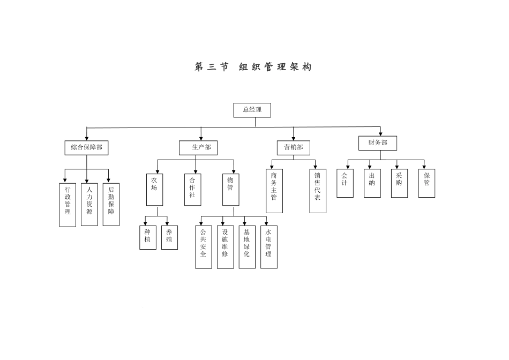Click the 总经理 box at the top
click(x=252, y=110)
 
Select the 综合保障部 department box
click(x=86, y=147)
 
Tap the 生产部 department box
click(x=198, y=147)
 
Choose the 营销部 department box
click(x=293, y=147)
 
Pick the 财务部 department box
click(x=377, y=143)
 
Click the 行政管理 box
click(x=68, y=205)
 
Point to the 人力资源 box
click(x=89, y=205)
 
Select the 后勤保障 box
click(x=111, y=205)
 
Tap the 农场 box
click(x=154, y=189)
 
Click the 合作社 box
click(x=193, y=189)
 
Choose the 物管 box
click(x=230, y=189)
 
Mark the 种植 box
click(x=147, y=237)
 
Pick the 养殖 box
click(x=169, y=237)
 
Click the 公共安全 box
click(x=203, y=247)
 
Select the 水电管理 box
click(x=268, y=247)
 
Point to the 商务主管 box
click(x=274, y=191)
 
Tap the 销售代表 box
click(x=317, y=191)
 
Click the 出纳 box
click(x=372, y=183)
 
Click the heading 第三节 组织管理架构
click(x=253, y=67)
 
